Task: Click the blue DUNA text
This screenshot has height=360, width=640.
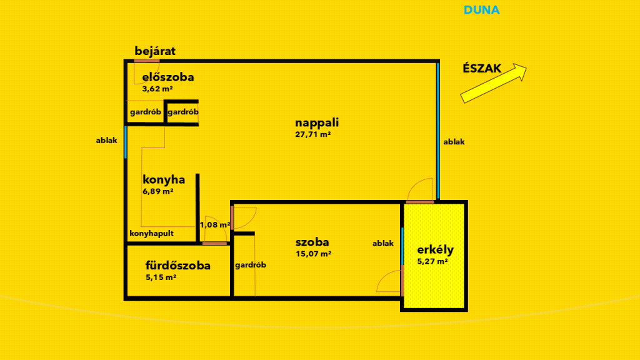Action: pyautogui.click(x=482, y=10)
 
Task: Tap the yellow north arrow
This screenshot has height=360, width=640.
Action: pyautogui.click(x=494, y=83)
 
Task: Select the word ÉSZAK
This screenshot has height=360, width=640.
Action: pyautogui.click(x=482, y=68)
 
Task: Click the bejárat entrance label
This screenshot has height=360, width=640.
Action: pyautogui.click(x=155, y=51)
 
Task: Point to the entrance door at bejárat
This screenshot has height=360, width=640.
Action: pyautogui.click(x=146, y=61)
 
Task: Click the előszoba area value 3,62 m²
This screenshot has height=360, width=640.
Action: pyautogui.click(x=157, y=89)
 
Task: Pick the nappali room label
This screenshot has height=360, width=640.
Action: pyautogui.click(x=317, y=123)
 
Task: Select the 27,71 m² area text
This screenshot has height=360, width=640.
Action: pyautogui.click(x=312, y=134)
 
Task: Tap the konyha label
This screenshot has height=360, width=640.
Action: pyautogui.click(x=164, y=179)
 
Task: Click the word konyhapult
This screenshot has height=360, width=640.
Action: pyautogui.click(x=151, y=234)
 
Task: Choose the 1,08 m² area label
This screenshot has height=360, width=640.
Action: pyautogui.click(x=215, y=225)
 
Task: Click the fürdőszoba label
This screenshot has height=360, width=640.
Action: pyautogui.click(x=178, y=266)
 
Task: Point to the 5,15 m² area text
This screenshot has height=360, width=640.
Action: pyautogui.click(x=161, y=277)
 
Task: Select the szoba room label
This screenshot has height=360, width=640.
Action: pyautogui.click(x=312, y=242)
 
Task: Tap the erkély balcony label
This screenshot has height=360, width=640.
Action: pyautogui.click(x=435, y=250)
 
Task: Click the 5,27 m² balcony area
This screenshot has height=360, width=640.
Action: pyautogui.click(x=432, y=261)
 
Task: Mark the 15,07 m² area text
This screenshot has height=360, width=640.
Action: pyautogui.click(x=314, y=254)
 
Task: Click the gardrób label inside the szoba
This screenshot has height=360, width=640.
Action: pyautogui.click(x=251, y=265)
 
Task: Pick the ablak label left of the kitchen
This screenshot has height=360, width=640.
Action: pyautogui.click(x=106, y=141)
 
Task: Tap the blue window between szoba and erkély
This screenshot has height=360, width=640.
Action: pyautogui.click(x=402, y=246)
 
